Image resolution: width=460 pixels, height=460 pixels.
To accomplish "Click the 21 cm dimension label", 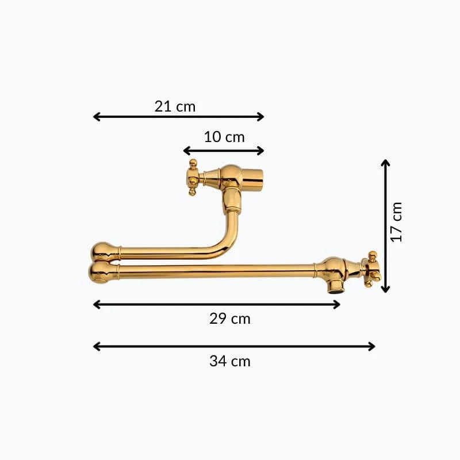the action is (175, 106).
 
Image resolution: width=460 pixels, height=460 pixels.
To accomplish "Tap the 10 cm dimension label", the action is (224, 137).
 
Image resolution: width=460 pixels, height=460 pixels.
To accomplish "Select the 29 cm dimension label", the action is (229, 319).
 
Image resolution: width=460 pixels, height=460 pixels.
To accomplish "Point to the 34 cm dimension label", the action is (229, 361).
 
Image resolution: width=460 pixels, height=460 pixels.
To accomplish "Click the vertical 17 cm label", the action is (396, 222).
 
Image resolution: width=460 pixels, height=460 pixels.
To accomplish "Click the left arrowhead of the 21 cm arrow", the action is (97, 117).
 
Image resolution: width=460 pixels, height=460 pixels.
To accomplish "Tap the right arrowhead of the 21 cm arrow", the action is (260, 117).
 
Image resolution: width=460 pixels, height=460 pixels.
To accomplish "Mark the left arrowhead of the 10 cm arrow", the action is (187, 151).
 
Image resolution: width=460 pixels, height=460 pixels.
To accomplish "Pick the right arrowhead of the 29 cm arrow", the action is (336, 305).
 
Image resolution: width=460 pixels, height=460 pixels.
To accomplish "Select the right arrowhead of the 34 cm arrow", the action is (371, 347).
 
